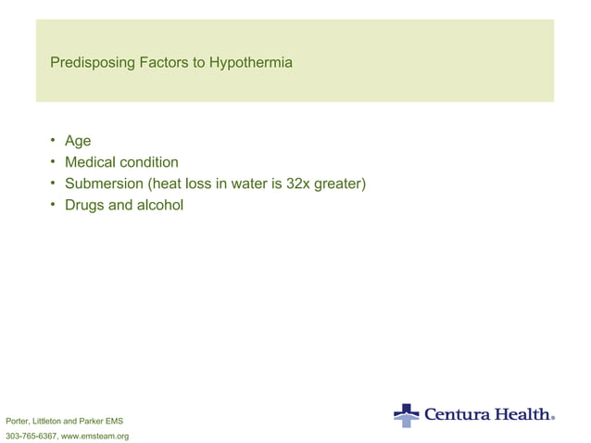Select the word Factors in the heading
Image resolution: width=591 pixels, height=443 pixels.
click(x=162, y=64)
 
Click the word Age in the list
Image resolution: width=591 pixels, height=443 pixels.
click(x=78, y=141)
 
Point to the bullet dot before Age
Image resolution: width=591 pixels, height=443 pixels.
click(x=54, y=141)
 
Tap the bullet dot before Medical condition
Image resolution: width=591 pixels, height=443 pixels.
click(x=54, y=162)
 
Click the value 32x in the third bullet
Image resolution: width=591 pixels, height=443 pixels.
click(x=289, y=184)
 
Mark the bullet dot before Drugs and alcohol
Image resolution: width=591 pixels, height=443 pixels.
click(x=54, y=205)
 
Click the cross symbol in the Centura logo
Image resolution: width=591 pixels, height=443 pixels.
click(x=406, y=414)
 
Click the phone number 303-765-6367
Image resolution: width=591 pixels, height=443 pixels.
click(x=31, y=435)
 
